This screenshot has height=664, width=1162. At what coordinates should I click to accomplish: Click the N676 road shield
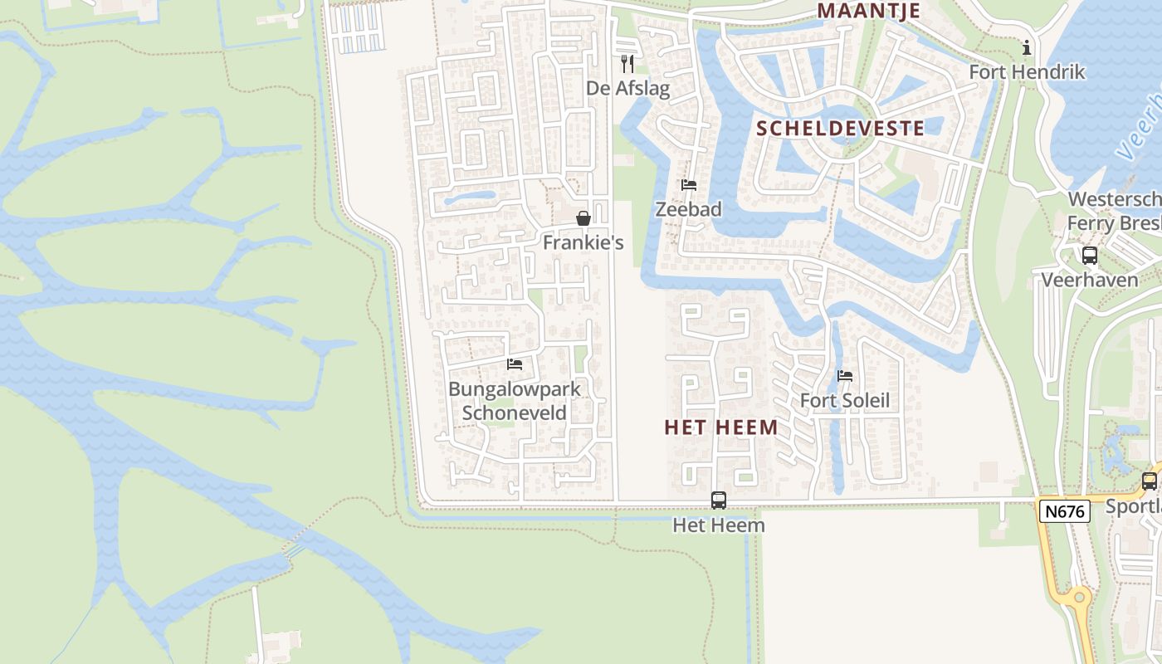pyautogui.click(x=1064, y=511)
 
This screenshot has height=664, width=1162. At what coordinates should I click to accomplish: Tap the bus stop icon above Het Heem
pyautogui.click(x=719, y=500)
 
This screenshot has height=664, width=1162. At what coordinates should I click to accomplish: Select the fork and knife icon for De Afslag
pyautogui.click(x=627, y=63)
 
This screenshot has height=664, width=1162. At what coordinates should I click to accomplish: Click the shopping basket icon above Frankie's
pyautogui.click(x=583, y=218)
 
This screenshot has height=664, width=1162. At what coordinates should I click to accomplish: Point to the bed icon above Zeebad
pyautogui.click(x=689, y=185)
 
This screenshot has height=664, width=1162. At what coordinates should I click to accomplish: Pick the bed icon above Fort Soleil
pyautogui.click(x=845, y=376)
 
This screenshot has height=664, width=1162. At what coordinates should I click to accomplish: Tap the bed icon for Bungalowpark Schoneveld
pyautogui.click(x=515, y=364)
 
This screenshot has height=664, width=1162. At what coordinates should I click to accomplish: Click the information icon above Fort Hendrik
pyautogui.click(x=1027, y=47)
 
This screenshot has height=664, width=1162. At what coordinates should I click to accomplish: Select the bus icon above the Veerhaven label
pyautogui.click(x=1090, y=256)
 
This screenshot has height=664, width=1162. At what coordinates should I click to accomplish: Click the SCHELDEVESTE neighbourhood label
pyautogui.click(x=841, y=128)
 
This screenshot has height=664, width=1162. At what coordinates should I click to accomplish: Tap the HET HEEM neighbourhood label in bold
pyautogui.click(x=721, y=427)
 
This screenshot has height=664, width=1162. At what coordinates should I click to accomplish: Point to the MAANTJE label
pyautogui.click(x=869, y=11)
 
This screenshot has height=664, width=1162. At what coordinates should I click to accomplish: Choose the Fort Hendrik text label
pyautogui.click(x=1027, y=72)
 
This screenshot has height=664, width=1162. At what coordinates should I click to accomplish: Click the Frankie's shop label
pyautogui.click(x=583, y=242)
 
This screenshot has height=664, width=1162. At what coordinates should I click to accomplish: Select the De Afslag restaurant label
pyautogui.click(x=627, y=88)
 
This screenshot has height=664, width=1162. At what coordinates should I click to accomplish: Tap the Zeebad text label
pyautogui.click(x=689, y=209)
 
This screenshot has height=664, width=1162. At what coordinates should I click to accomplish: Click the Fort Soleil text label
pyautogui.click(x=845, y=401)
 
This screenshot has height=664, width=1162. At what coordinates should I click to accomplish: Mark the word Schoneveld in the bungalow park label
pyautogui.click(x=515, y=413)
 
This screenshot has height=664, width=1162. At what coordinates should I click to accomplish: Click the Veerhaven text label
pyautogui.click(x=1090, y=280)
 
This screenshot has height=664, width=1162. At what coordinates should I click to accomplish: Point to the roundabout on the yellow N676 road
pyautogui.click(x=1077, y=597)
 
